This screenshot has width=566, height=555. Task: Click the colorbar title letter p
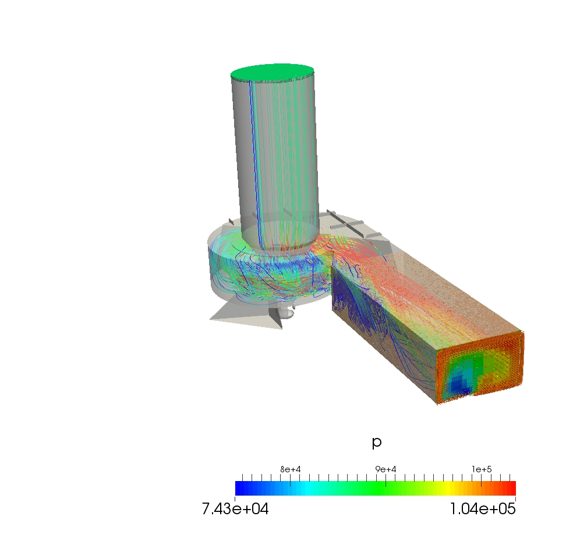[377, 443]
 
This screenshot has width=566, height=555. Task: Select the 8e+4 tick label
[290, 469]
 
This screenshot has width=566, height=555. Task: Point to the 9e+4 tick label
[385, 469]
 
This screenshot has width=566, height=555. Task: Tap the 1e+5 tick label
[482, 469]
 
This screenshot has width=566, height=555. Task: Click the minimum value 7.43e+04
[235, 509]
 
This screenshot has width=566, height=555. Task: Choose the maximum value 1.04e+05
[483, 509]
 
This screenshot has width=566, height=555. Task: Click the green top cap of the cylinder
[272, 73]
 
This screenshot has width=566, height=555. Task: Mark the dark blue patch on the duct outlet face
[458, 384]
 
